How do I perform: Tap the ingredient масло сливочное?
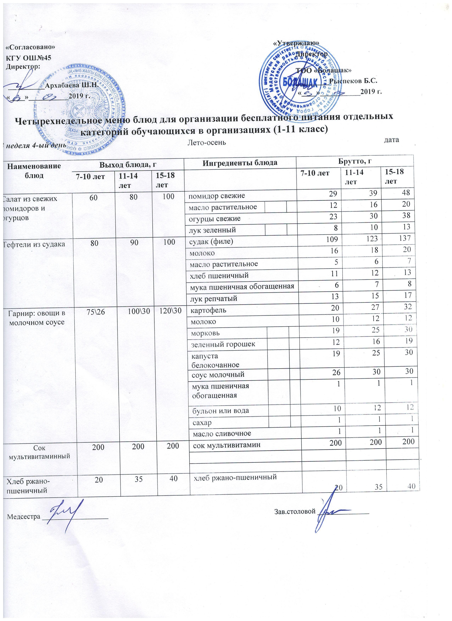(x=222, y=433)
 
